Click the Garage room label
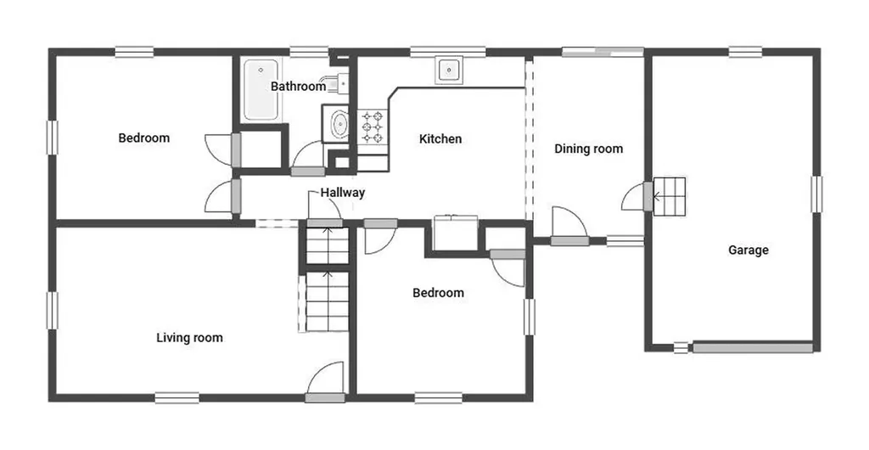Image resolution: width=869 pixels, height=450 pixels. [x=748, y=250]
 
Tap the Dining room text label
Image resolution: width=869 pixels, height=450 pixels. [x=589, y=149]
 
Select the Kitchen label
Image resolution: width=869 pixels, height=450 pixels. [x=440, y=138]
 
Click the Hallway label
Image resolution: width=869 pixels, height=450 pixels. [x=343, y=192]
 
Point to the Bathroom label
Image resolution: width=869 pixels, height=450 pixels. [x=298, y=86]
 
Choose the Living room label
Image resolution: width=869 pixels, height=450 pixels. [x=189, y=338]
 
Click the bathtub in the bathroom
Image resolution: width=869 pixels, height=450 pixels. [x=261, y=89]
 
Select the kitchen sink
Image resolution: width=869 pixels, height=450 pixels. [x=448, y=70]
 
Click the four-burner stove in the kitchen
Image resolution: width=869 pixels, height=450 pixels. [x=373, y=127]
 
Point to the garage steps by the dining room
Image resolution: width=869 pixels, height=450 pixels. [x=670, y=196]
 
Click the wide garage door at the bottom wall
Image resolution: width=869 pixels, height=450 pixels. [x=754, y=348]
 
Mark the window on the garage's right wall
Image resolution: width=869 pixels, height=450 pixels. [x=816, y=194]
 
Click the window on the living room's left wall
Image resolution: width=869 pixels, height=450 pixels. [x=53, y=311]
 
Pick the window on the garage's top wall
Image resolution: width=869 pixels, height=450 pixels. [x=745, y=52]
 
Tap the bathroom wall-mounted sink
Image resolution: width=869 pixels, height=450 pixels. [x=337, y=83]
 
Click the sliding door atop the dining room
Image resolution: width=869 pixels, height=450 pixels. [x=603, y=52]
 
